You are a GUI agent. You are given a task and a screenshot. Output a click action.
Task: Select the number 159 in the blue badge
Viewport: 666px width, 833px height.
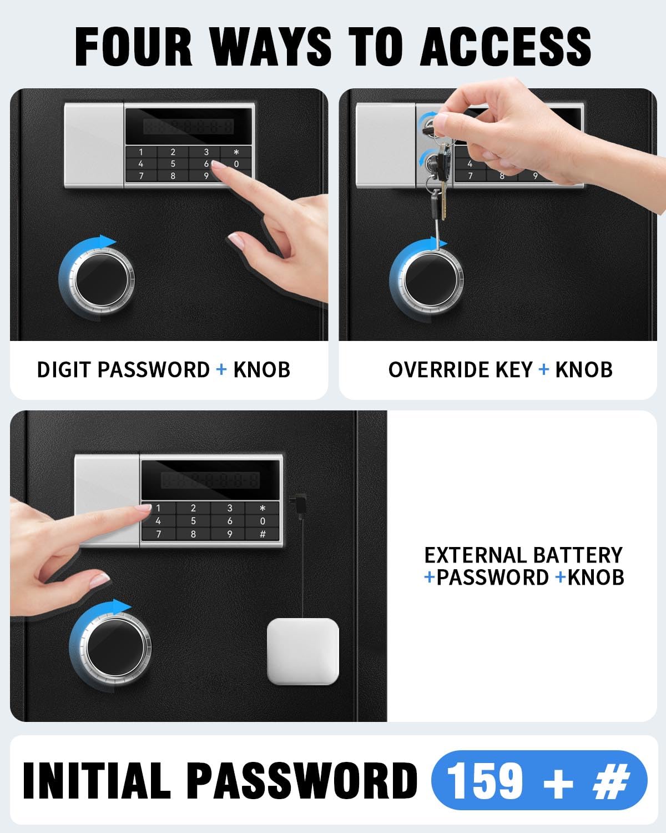click(x=485, y=781)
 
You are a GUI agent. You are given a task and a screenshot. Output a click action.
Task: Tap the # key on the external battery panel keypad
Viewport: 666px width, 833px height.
click(x=263, y=534)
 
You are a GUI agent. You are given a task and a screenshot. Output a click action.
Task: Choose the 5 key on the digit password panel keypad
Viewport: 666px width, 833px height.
click(x=173, y=164)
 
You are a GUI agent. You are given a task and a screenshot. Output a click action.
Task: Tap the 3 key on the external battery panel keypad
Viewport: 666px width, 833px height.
click(x=229, y=508)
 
